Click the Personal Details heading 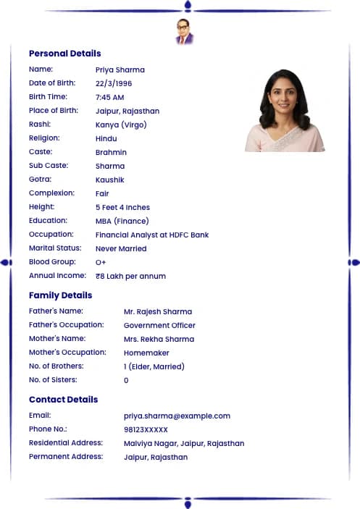[x=64, y=54]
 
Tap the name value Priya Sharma [x=120, y=70]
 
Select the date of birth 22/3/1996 [x=114, y=83]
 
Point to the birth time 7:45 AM [x=109, y=97]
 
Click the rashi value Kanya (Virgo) [x=120, y=125]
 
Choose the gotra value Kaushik [x=109, y=180]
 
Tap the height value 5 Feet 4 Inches [x=122, y=207]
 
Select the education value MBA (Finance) [x=122, y=221]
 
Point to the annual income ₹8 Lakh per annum [x=130, y=276]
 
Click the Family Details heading [x=60, y=295]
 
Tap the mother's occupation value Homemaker [x=146, y=353]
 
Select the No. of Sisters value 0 [x=126, y=380]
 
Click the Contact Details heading [x=63, y=400]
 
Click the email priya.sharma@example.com [x=177, y=416]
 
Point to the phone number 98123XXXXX [x=146, y=429]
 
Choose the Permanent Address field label [x=66, y=456]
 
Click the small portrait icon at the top [x=185, y=32]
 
